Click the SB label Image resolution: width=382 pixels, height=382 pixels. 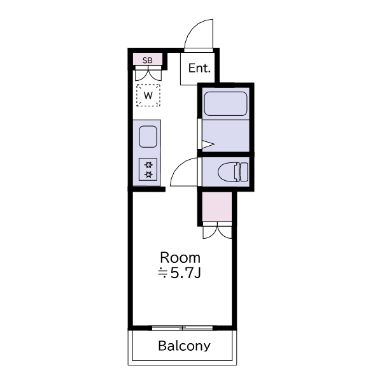[148, 60]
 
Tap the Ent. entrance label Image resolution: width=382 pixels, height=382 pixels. [199, 68]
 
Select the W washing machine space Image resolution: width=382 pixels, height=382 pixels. [148, 95]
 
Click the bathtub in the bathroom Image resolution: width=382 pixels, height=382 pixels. [225, 104]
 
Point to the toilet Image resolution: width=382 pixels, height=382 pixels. [233, 171]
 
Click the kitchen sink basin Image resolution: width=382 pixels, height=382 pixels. [148, 137]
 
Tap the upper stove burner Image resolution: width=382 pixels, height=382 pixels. [148, 165]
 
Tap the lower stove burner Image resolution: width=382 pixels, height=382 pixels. [148, 174]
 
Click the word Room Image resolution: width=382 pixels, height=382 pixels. [180, 257]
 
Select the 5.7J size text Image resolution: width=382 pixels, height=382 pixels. [185, 274]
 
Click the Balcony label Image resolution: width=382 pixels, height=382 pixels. [184, 346]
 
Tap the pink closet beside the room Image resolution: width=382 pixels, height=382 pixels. [217, 206]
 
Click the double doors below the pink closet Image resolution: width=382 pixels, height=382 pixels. [217, 231]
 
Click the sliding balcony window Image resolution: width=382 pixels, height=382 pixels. [183, 328]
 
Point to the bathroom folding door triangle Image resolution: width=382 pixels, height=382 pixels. [207, 145]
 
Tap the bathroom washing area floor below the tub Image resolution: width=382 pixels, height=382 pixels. [226, 136]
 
